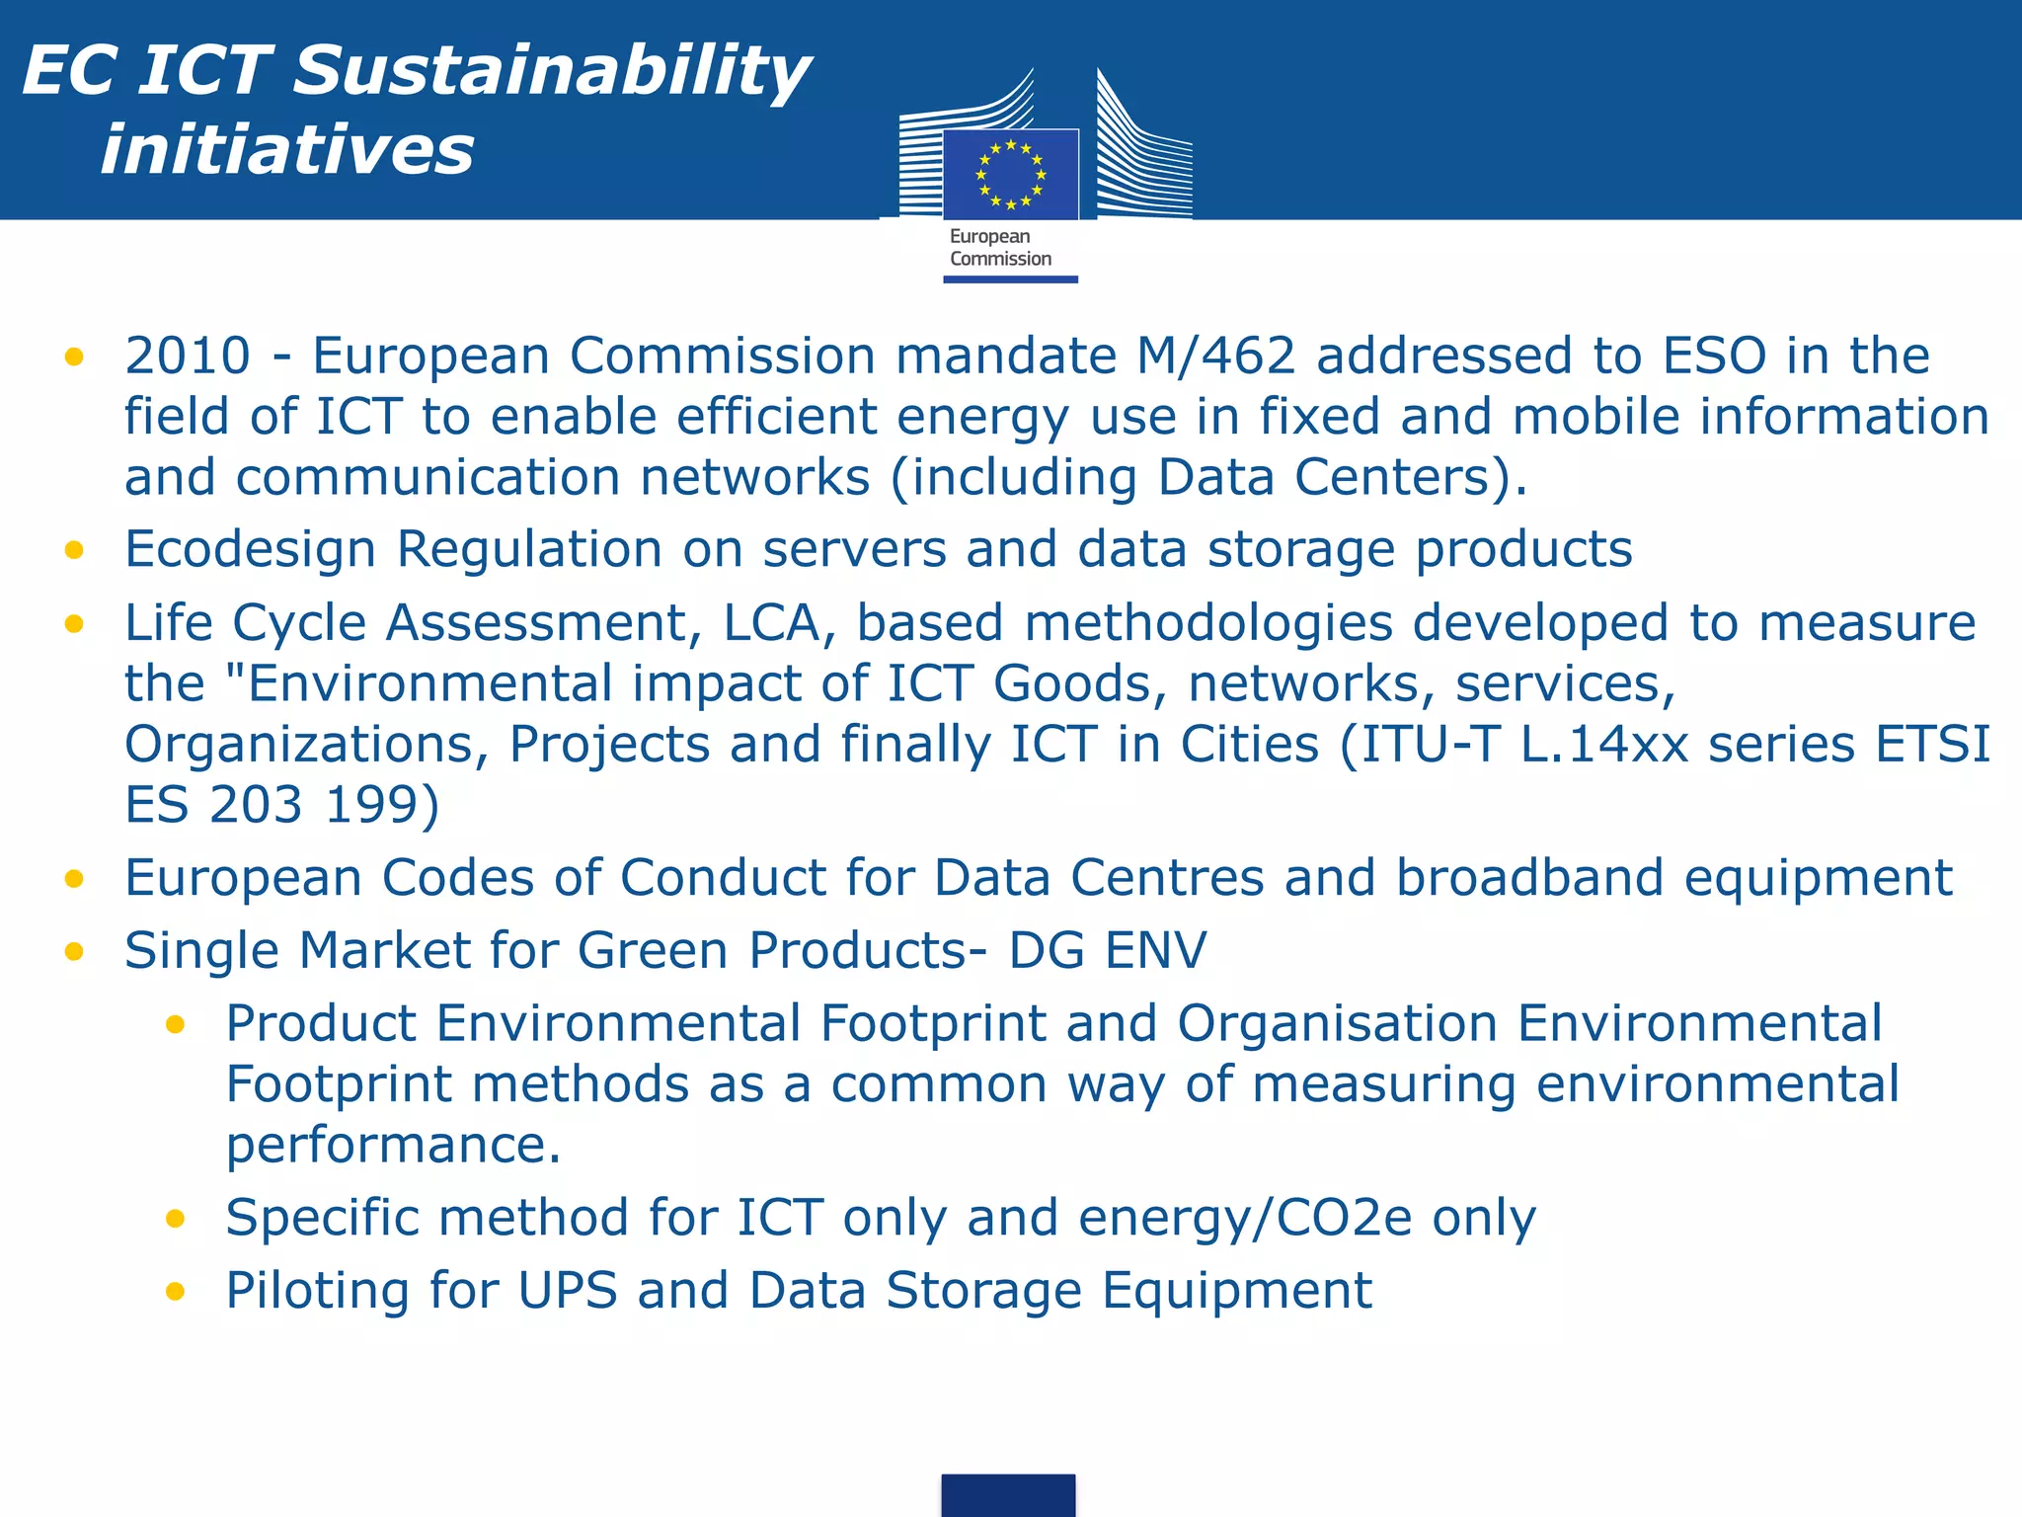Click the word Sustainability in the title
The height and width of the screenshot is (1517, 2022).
coord(551,71)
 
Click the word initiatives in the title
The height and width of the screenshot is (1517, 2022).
coord(287,151)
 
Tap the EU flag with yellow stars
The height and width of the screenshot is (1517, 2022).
coord(1010,175)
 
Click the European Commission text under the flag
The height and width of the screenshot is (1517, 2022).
coord(999,248)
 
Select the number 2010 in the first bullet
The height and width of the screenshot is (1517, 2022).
coord(188,356)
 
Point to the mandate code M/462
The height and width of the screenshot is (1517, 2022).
coord(1215,356)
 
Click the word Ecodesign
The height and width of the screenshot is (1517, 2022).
coord(250,549)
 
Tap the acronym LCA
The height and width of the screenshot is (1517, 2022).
coord(779,623)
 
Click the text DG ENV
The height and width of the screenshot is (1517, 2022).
coord(1107,951)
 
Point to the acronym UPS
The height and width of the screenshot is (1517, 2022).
coord(568,1291)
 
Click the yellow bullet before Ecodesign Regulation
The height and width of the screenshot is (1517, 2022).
coord(74,550)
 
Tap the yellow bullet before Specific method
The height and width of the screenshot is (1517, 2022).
coord(176,1219)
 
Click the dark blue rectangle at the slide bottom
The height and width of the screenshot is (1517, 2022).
coord(1008,1495)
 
